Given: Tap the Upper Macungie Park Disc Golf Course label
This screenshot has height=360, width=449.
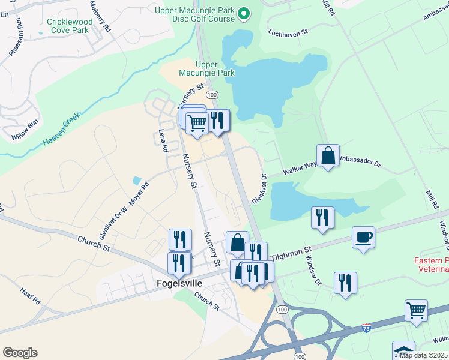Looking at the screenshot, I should [194, 15].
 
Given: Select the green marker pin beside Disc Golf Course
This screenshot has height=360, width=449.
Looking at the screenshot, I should [244, 12].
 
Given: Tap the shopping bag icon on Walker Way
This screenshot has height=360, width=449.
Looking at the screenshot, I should [328, 156].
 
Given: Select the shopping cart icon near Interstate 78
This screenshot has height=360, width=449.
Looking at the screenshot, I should [416, 310].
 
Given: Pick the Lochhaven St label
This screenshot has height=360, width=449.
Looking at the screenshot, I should [288, 31].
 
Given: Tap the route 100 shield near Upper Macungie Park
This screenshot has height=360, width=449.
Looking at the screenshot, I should [212, 95].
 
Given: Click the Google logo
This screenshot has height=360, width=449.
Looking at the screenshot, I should [20, 353].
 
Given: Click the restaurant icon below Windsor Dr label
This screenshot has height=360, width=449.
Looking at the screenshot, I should [345, 283].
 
